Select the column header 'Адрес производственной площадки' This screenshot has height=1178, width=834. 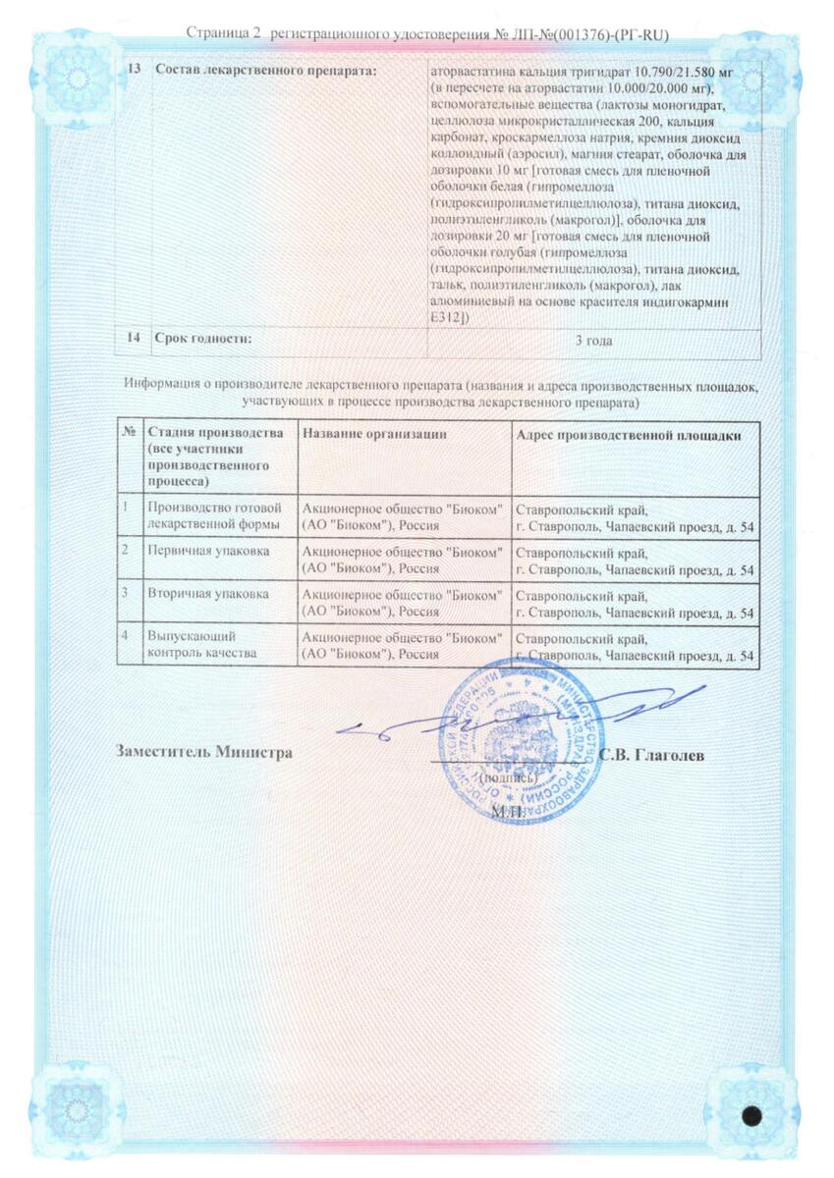coord(628,435)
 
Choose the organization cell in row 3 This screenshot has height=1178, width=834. coord(403,603)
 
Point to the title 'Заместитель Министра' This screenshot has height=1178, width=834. coord(203,753)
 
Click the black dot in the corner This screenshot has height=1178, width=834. coord(753,1116)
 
